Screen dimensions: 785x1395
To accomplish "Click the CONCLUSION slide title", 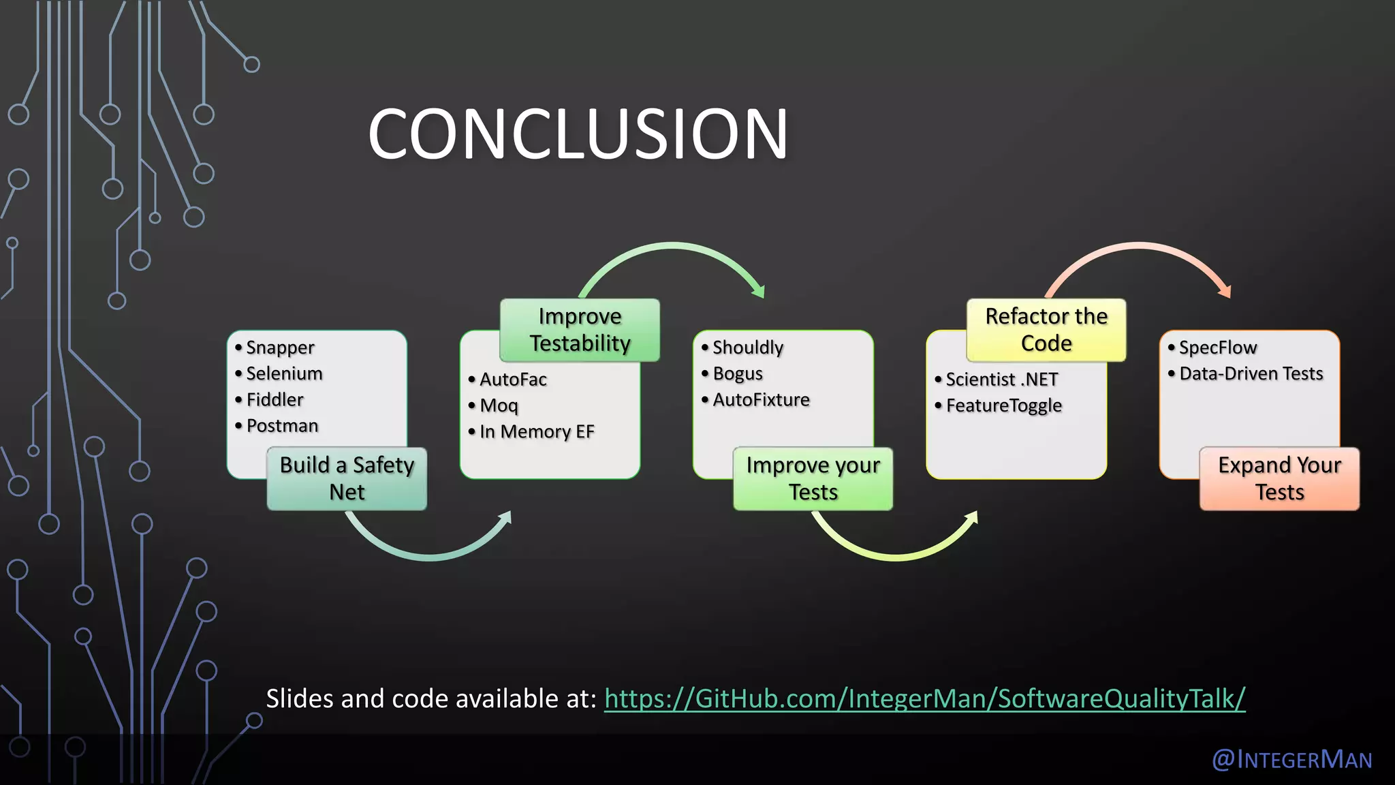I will coord(578,134).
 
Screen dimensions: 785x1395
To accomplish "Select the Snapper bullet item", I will coord(280,348).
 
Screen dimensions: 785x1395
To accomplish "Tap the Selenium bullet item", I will coord(284,373).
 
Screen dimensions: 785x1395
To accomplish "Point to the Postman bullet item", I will coord(282,426).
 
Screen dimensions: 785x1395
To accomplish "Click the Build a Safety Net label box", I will coord(347,478).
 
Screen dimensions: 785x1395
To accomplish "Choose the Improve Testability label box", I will coord(580,330).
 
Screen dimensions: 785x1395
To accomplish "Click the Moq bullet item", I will coord(499,405).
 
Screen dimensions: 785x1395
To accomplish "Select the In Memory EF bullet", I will coord(537,431).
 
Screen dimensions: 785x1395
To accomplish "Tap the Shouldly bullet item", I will coord(747,348).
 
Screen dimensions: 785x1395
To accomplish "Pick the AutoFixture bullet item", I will coord(761,400).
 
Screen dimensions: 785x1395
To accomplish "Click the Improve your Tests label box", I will coord(813,478).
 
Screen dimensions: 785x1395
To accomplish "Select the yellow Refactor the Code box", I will coord(1046,330).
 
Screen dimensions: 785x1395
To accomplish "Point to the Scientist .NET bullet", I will coord(1001,380).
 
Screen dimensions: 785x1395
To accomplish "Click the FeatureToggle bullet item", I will coord(1003,405).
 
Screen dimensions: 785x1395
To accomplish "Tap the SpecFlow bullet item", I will coord(1217,348).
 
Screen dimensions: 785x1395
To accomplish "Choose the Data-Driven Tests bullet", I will coord(1251,373).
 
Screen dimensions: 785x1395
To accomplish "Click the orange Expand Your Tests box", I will coord(1279,478).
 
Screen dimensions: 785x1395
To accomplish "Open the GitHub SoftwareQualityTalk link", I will coord(924,699).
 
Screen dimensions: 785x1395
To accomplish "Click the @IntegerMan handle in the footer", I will coord(1291,759).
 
